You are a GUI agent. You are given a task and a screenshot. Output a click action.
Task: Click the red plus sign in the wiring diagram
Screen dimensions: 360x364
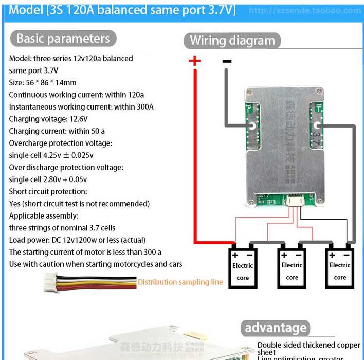tap(194, 61)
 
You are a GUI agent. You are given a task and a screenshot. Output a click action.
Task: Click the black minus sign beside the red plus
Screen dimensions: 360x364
tap(227, 61)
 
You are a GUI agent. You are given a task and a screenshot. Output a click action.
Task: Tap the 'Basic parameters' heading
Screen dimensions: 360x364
tap(63, 39)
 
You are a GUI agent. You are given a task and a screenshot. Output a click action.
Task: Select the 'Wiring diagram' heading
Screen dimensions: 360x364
tap(232, 41)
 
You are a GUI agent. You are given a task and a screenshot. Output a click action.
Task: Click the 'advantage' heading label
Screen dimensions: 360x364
tap(276, 328)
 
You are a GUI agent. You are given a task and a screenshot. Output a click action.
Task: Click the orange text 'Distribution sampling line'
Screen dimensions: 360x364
tap(180, 282)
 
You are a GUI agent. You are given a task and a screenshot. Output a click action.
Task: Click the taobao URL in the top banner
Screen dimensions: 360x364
tap(304, 11)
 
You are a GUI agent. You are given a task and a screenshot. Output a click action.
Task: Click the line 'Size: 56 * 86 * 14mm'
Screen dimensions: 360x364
tap(43, 82)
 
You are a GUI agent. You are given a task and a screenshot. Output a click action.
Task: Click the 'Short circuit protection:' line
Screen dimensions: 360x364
tap(48, 191)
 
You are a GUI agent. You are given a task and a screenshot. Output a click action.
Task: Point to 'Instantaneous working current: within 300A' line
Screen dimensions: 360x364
tap(81, 107)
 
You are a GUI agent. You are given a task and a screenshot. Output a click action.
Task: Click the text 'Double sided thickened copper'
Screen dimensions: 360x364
tap(308, 345)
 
